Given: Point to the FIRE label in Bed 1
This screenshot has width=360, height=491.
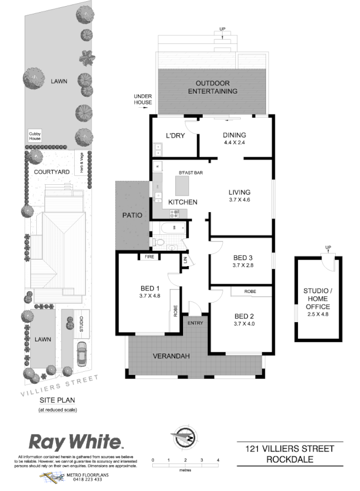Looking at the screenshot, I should pos(149,257).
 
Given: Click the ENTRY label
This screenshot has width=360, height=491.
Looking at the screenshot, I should pos(195,323).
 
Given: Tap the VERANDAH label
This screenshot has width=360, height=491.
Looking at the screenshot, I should pos(171,356).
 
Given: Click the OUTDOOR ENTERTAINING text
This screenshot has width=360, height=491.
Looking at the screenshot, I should pos(212,87).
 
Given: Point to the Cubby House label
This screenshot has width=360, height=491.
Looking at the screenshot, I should pos(35,135).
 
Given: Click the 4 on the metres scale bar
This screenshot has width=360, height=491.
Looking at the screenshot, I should pos(218,459).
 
